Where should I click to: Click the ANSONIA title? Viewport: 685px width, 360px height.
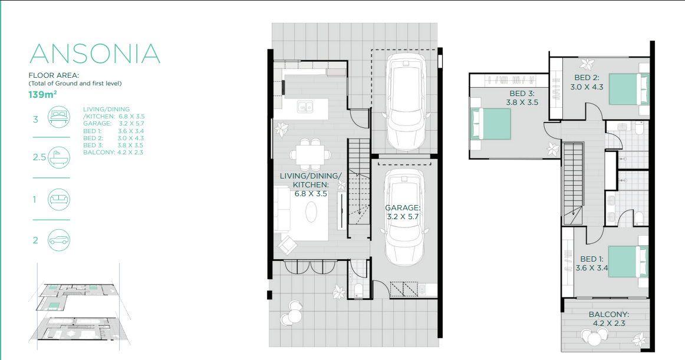tap(95, 53)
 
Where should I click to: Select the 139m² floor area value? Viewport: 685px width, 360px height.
tap(42, 94)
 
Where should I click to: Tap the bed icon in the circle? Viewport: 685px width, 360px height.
tap(58, 117)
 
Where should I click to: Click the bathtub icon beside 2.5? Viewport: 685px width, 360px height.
tap(58, 157)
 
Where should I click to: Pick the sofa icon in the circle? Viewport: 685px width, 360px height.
tap(58, 200)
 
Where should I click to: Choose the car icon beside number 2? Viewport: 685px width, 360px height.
tap(58, 240)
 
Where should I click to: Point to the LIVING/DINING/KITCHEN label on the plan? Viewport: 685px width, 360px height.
tap(311, 185)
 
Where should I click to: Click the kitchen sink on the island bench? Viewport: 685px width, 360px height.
tap(305, 106)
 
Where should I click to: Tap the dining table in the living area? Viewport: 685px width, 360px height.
tap(310, 154)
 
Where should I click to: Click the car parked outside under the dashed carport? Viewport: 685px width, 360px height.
tap(406, 101)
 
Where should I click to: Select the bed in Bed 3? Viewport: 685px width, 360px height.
tap(490, 124)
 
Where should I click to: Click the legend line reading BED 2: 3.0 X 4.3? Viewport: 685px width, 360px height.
tap(113, 138)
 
